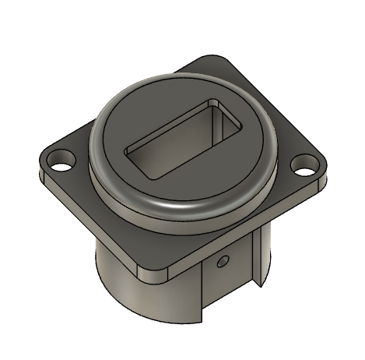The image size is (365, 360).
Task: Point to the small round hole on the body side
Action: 223,259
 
